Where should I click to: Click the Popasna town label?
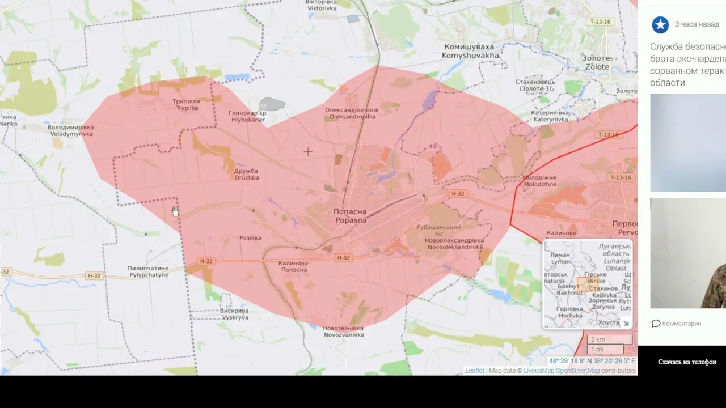tap(351, 216)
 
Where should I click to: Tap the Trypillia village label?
tap(187, 105)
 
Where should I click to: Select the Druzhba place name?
tap(247, 174)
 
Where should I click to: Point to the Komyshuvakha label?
tap(470, 51)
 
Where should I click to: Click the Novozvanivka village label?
tap(344, 331)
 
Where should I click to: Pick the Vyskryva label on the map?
tap(234, 314)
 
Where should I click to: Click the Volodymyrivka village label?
tap(71, 131)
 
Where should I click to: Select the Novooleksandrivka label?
tap(454, 244)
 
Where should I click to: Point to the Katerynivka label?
tap(550, 116)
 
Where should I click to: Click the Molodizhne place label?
tap(539, 181)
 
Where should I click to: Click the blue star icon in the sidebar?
tap(660, 25)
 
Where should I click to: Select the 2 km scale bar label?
tap(598, 339)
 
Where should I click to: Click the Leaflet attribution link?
tap(475, 371)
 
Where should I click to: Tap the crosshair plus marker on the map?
tap(307, 151)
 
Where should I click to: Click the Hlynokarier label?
tap(247, 117)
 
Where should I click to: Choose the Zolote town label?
tap(596, 62)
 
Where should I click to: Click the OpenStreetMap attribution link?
tap(577, 371)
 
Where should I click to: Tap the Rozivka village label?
tap(250, 239)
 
